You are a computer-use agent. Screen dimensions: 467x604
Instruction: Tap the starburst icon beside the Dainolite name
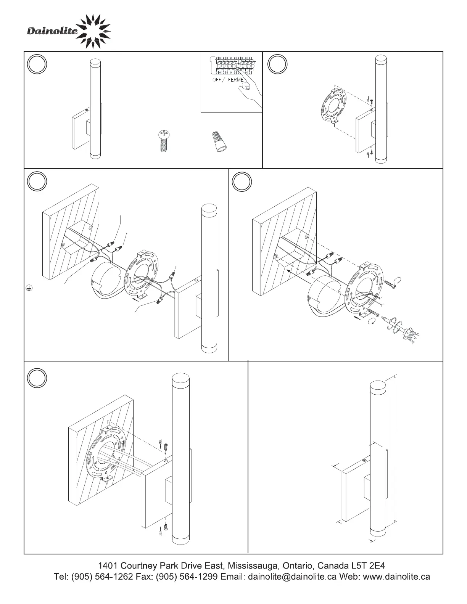(x=93, y=31)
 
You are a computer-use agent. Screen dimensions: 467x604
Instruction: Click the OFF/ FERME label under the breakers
(x=228, y=80)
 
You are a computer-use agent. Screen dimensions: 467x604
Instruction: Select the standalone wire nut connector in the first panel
(x=219, y=142)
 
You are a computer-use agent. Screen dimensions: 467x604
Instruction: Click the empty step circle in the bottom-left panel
(x=37, y=378)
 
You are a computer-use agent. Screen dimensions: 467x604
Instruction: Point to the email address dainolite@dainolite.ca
(x=292, y=577)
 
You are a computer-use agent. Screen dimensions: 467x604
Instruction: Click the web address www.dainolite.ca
(x=396, y=577)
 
